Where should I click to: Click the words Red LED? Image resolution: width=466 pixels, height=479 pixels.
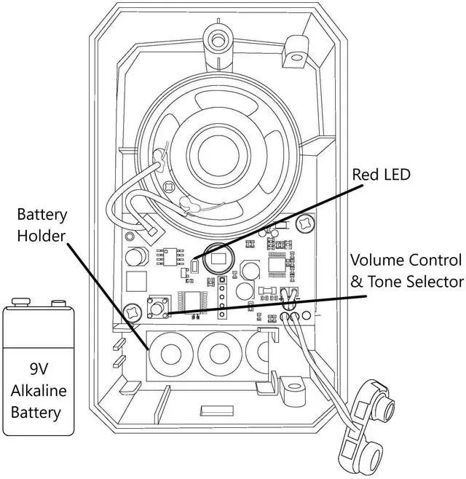pyautogui.click(x=381, y=175)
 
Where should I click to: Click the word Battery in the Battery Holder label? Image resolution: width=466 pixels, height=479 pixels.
pyautogui.click(x=42, y=215)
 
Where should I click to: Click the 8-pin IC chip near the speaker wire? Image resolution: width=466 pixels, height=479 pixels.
pyautogui.click(x=168, y=256)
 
